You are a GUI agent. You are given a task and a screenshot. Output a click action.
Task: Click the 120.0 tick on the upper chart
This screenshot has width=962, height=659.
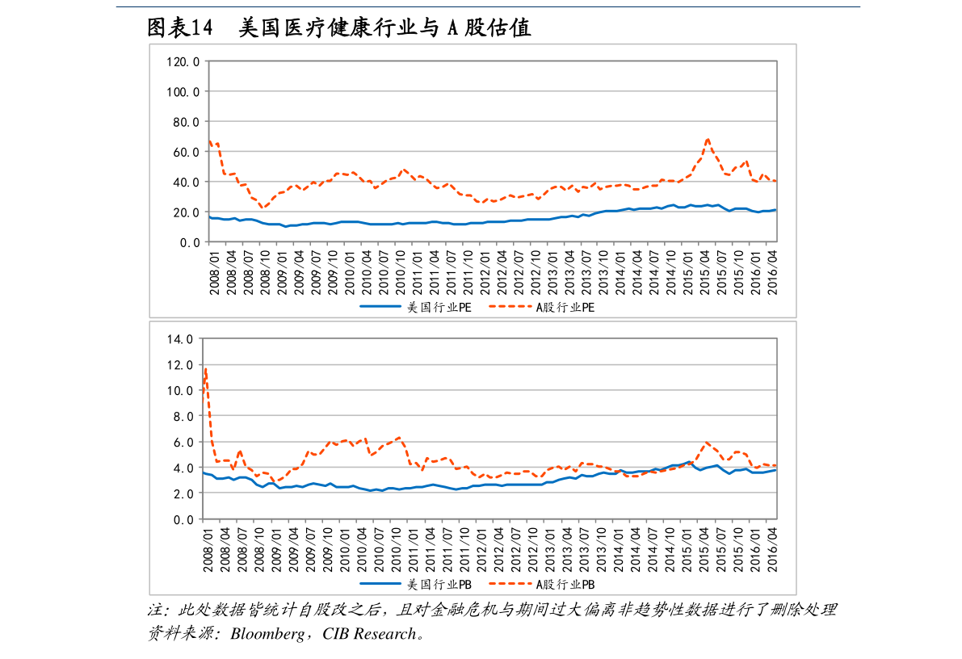coord(183,61)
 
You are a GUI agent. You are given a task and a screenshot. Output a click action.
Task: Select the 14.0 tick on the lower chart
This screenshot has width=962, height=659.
coord(179,339)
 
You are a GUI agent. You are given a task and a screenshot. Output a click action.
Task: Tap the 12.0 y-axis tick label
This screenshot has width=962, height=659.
coord(179,365)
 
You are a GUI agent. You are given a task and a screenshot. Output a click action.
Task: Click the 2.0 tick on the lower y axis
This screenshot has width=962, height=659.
coord(183,493)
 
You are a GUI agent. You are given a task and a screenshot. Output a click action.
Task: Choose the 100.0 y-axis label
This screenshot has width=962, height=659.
coord(183,92)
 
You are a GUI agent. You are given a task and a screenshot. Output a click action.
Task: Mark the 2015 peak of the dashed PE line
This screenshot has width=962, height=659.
coord(708,139)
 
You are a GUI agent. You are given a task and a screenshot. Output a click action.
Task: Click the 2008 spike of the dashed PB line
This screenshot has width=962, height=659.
coord(206,370)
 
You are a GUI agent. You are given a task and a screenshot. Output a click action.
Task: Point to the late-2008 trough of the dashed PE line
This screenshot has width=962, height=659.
coord(263,208)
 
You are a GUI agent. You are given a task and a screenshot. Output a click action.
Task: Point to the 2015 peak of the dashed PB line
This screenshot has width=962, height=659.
coord(707,443)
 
